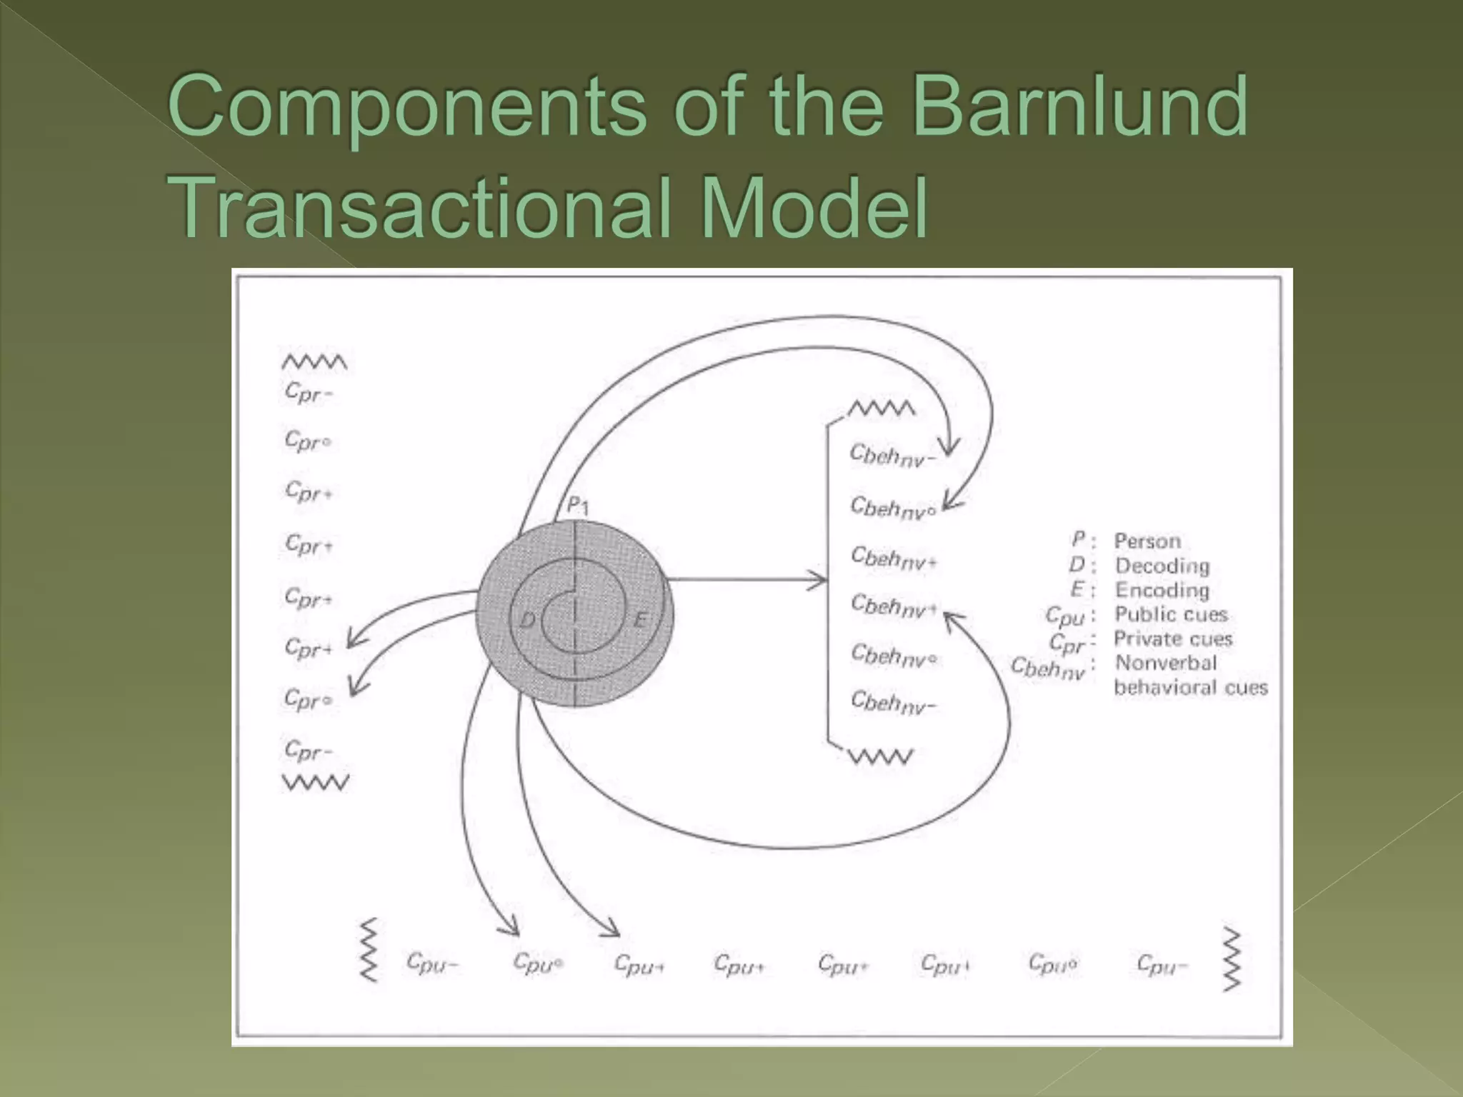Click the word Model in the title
coord(814,208)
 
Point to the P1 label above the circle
coord(577,506)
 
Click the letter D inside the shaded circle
coord(527,619)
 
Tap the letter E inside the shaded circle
coord(641,619)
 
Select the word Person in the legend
coord(1147,541)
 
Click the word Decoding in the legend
coord(1162,566)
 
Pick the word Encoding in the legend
coord(1162,590)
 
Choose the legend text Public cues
coord(1171,614)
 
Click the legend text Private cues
coord(1173,638)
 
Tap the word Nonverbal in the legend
coord(1166,663)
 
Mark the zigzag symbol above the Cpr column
coord(314,363)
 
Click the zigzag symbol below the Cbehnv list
coord(881,757)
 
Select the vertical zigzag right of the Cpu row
coord(1232,959)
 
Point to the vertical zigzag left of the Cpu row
coord(369,951)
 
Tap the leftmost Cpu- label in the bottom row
coord(431,963)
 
